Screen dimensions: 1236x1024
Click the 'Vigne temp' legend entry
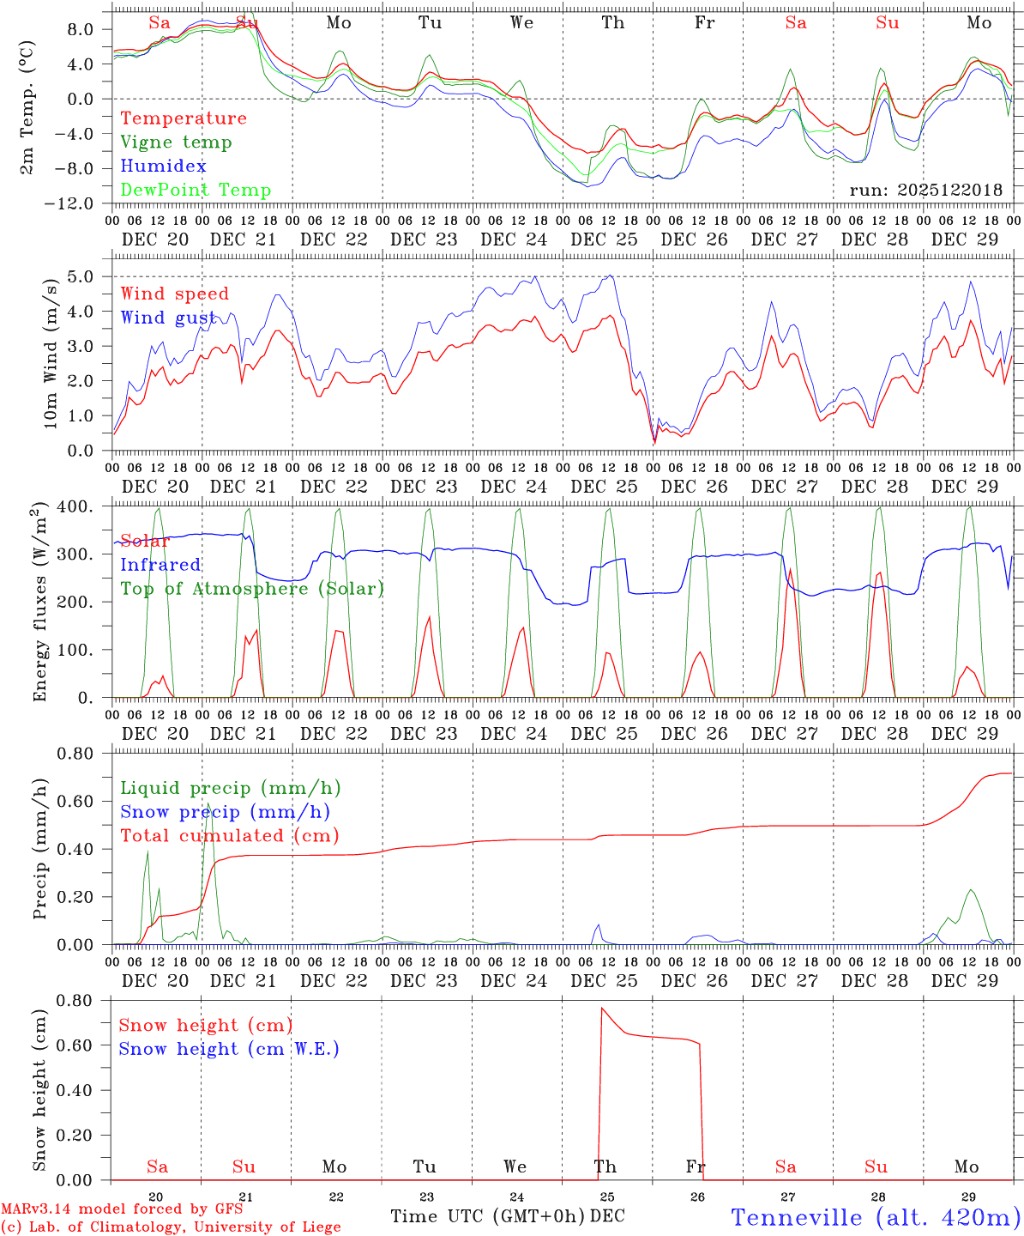[176, 142]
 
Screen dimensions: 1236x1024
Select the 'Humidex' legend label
[163, 167]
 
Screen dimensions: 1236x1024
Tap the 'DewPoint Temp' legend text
[196, 191]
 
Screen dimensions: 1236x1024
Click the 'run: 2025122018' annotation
[925, 191]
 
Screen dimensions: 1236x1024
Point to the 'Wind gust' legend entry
[168, 318]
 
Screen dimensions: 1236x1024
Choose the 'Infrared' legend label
[160, 565]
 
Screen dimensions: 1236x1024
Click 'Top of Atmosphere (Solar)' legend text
[252, 589]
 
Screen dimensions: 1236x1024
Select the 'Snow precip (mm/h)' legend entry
[225, 812]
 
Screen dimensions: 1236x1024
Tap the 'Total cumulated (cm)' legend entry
[229, 836]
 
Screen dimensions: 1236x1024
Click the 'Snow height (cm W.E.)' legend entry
[229, 1049]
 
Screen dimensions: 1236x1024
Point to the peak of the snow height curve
[602, 1008]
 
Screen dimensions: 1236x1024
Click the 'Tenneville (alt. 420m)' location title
[876, 1217]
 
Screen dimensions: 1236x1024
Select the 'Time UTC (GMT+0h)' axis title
[488, 1216]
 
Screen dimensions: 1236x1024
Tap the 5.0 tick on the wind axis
[86, 276]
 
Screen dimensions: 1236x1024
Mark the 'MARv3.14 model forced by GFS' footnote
[122, 1209]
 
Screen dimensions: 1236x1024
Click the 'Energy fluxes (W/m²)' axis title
[39, 604]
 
